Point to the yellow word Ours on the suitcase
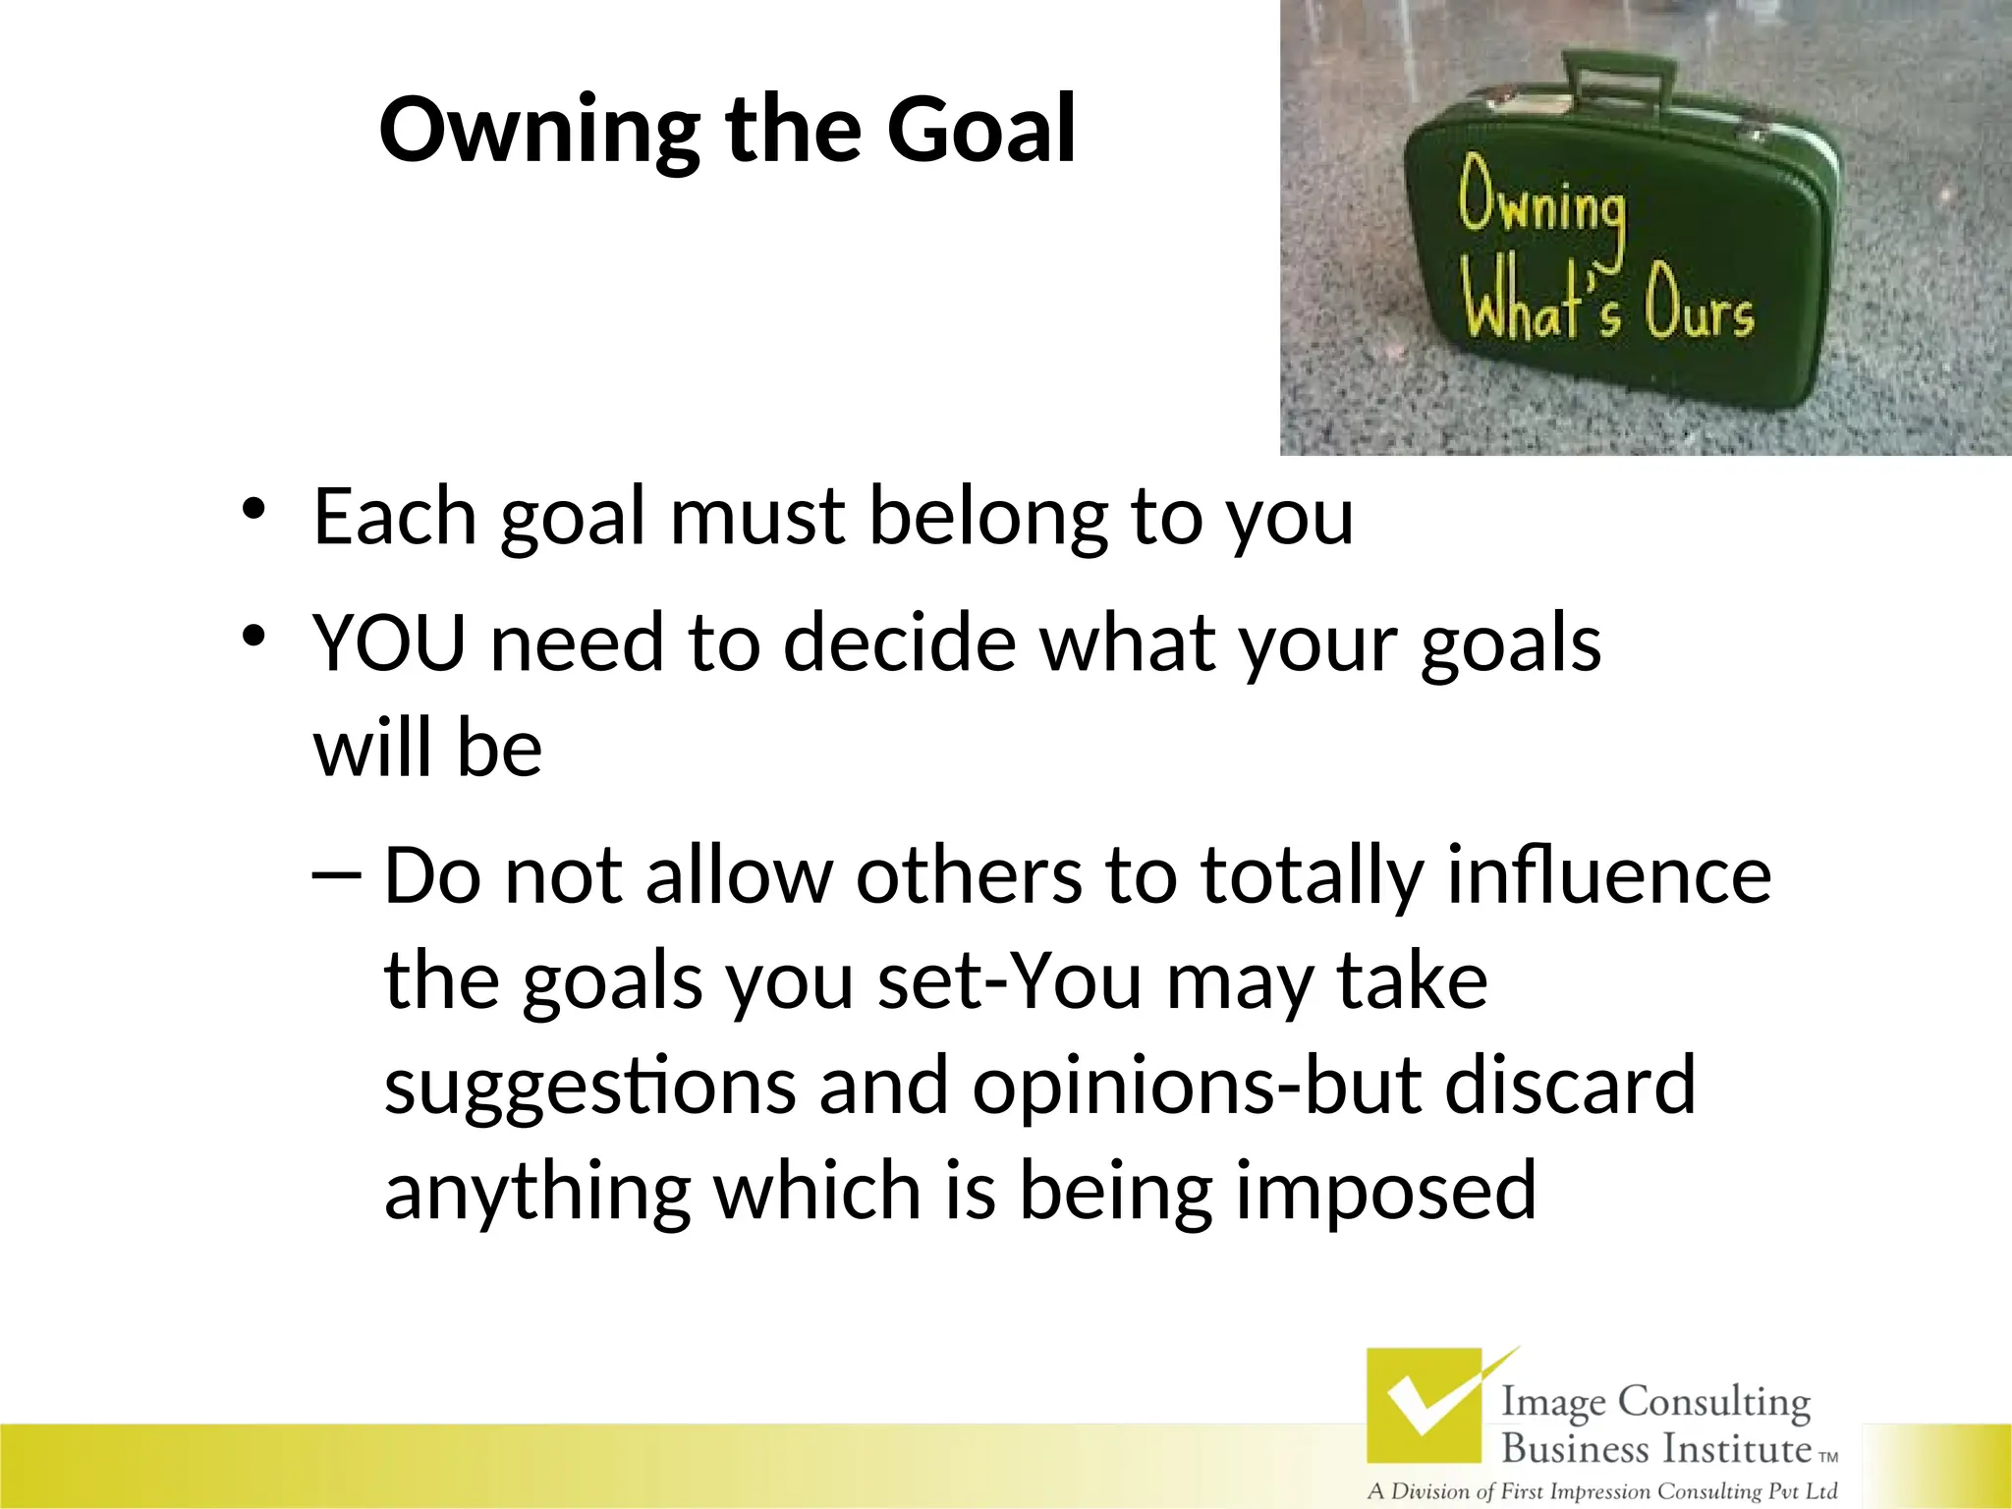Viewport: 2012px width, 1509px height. pyautogui.click(x=1699, y=306)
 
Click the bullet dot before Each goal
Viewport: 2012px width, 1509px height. pyautogui.click(x=253, y=510)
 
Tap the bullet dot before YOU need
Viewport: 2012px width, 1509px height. pyautogui.click(x=253, y=637)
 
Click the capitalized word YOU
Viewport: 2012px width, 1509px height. pyautogui.click(x=389, y=643)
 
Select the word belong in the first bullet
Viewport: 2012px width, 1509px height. pyautogui.click(x=988, y=519)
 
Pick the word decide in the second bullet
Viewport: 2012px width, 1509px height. pyautogui.click(x=900, y=643)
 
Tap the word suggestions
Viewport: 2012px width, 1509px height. pyautogui.click(x=589, y=1087)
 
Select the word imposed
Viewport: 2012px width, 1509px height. pyautogui.click(x=1385, y=1191)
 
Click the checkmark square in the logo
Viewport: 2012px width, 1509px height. pyautogui.click(x=1425, y=1406)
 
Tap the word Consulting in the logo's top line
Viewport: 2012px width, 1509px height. pyautogui.click(x=1714, y=1402)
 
